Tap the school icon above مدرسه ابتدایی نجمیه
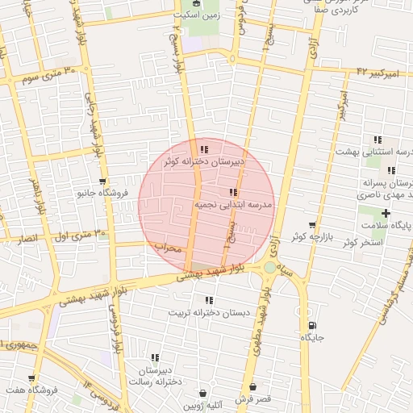(233, 193)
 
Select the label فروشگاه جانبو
(102, 194)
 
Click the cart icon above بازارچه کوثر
(312, 225)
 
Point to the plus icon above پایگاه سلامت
(386, 214)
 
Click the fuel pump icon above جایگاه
(311, 325)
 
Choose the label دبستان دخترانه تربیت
(209, 313)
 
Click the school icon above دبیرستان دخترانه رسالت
(154, 357)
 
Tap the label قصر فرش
(252, 399)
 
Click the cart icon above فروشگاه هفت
(31, 378)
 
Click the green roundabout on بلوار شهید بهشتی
(270, 267)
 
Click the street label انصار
(27, 240)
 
